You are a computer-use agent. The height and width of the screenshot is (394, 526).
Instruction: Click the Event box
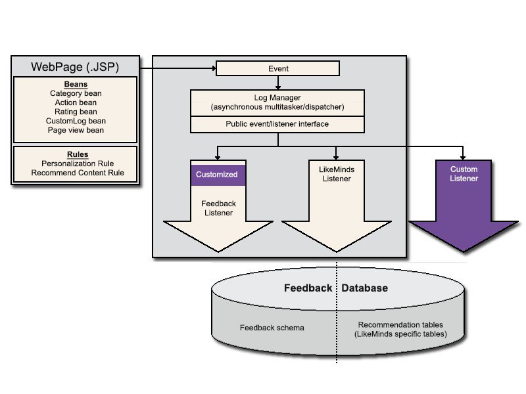tap(277, 68)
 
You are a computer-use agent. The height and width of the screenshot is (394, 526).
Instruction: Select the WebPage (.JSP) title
tap(75, 67)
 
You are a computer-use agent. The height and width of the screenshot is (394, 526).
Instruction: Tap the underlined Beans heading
tap(76, 84)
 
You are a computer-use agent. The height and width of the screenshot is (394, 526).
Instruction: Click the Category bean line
tap(76, 93)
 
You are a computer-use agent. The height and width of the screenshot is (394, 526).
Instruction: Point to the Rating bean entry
tap(76, 112)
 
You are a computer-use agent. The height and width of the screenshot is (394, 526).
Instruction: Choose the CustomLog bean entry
tap(76, 121)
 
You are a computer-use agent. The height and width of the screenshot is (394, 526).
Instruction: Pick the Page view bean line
tap(76, 130)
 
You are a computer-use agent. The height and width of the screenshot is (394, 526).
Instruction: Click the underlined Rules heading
tap(78, 154)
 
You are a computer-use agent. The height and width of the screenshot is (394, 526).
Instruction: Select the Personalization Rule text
tap(78, 164)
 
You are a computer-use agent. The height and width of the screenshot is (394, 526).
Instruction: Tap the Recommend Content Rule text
tap(78, 173)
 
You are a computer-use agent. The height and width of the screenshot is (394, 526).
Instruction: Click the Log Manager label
tap(277, 97)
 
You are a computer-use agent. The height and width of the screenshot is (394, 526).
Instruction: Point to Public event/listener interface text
tap(277, 124)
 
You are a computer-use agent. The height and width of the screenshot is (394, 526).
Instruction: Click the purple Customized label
tap(217, 175)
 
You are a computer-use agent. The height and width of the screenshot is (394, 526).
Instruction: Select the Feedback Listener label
tap(218, 208)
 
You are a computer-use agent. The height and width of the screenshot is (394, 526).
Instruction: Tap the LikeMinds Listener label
tap(337, 174)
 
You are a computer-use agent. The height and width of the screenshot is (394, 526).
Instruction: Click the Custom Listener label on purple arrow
tap(464, 173)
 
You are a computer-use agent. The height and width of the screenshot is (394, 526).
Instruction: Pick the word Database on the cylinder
tap(365, 288)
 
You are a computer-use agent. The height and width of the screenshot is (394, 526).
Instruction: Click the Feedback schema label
tap(272, 328)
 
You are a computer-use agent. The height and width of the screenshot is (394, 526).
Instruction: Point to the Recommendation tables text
tap(400, 324)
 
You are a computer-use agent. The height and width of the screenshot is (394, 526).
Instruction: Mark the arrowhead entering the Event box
tap(214, 68)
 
